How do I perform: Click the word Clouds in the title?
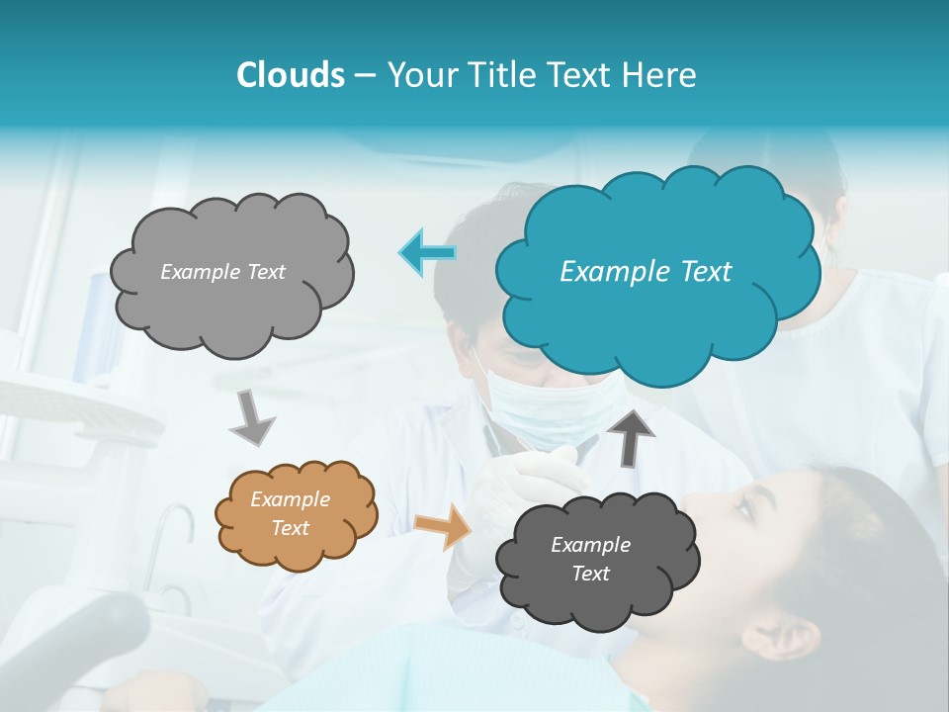coord(290,75)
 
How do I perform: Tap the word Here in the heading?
coord(661,75)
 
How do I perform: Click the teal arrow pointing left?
coord(428,253)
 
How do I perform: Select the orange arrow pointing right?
coord(443,526)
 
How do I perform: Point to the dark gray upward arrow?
coord(630,436)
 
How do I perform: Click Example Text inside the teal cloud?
coord(646,272)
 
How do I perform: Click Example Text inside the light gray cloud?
coord(222,272)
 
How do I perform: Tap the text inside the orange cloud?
coord(291,514)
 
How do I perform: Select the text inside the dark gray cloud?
coord(590,559)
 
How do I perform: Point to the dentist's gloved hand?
coord(524,475)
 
